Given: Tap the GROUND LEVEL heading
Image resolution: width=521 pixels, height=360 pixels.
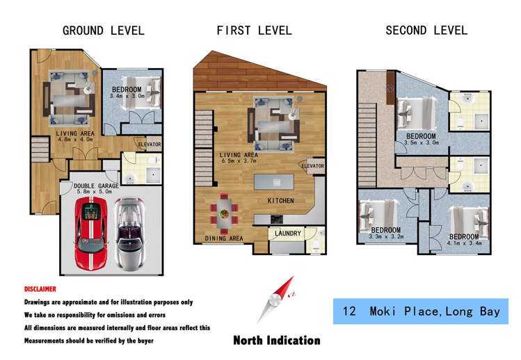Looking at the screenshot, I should point(104,31).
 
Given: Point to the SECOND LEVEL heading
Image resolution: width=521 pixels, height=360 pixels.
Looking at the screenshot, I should point(426,31).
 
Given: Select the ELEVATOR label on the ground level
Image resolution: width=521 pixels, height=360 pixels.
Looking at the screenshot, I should point(150,145).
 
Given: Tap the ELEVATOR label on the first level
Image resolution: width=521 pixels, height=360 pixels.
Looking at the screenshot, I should point(312,166).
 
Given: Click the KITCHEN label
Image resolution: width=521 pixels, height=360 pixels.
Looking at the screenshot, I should point(280,201).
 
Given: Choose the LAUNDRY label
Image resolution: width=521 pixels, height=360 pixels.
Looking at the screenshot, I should point(287,234).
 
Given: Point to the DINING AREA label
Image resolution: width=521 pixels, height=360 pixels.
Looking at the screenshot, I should point(223,238).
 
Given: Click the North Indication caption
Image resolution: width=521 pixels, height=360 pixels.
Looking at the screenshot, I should point(277,341).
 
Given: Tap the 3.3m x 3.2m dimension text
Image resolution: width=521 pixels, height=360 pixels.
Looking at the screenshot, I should point(385,236).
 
